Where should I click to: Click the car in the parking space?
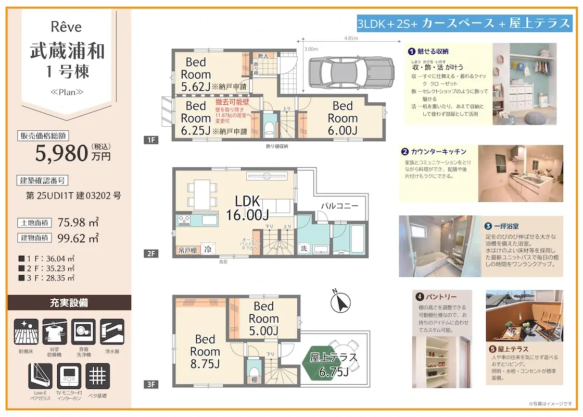pyautogui.click(x=350, y=72)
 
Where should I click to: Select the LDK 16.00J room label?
pyautogui.click(x=247, y=207)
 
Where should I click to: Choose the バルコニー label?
pyautogui.click(x=339, y=206)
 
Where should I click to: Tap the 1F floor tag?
pyautogui.click(x=151, y=140)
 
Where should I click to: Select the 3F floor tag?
pyautogui.click(x=151, y=385)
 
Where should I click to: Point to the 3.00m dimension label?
pyautogui.click(x=311, y=49)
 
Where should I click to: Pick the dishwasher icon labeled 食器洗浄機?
pyautogui.click(x=84, y=332)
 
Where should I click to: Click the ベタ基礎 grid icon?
pyautogui.click(x=97, y=376)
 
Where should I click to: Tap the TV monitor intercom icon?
pyautogui.click(x=69, y=376)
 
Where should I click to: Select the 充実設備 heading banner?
pyautogui.click(x=69, y=303)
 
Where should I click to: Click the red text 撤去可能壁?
pyautogui.click(x=233, y=103)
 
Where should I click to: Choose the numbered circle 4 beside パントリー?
pyautogui.click(x=419, y=297)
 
